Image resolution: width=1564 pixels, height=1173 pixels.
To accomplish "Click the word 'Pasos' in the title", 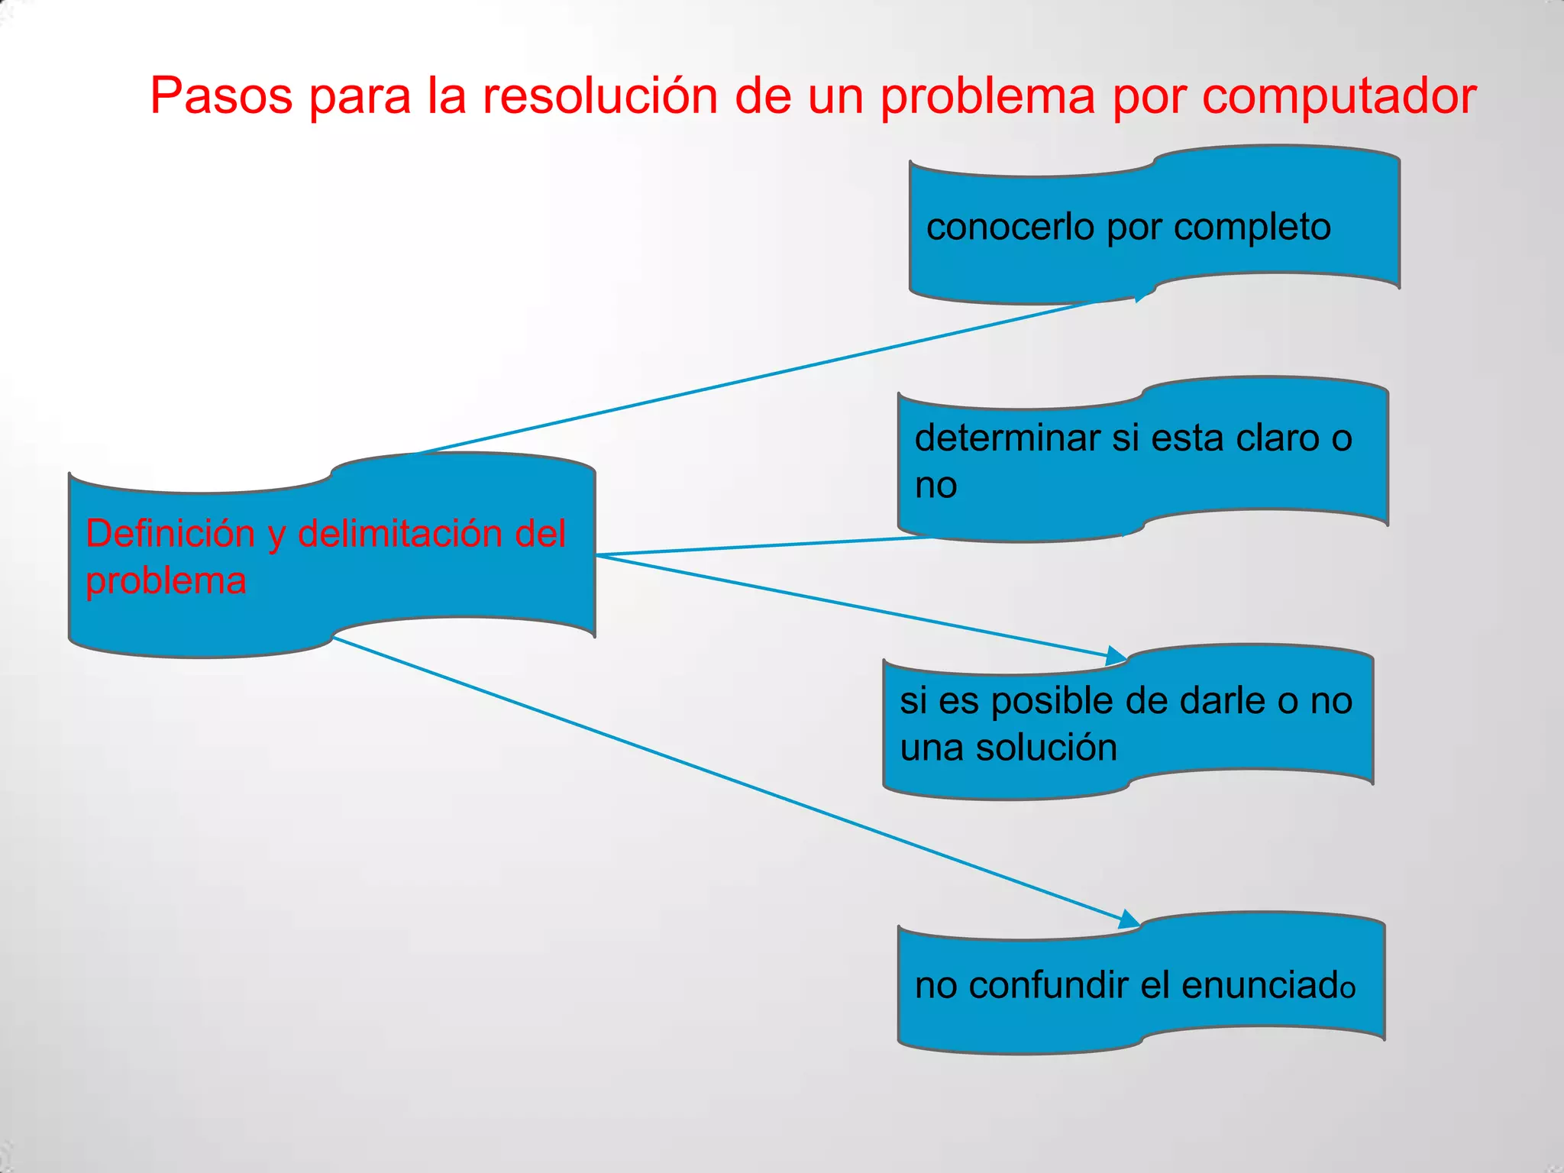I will click(221, 96).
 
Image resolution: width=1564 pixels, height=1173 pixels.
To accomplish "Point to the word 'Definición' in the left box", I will click(170, 533).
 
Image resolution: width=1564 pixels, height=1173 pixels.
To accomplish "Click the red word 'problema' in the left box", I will click(166, 582).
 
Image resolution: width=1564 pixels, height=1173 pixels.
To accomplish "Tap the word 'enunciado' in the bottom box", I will click(1268, 985).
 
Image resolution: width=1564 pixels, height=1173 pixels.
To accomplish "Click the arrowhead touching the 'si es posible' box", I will click(1116, 655).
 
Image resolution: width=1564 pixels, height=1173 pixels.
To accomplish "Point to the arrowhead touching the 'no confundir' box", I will click(1129, 919).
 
